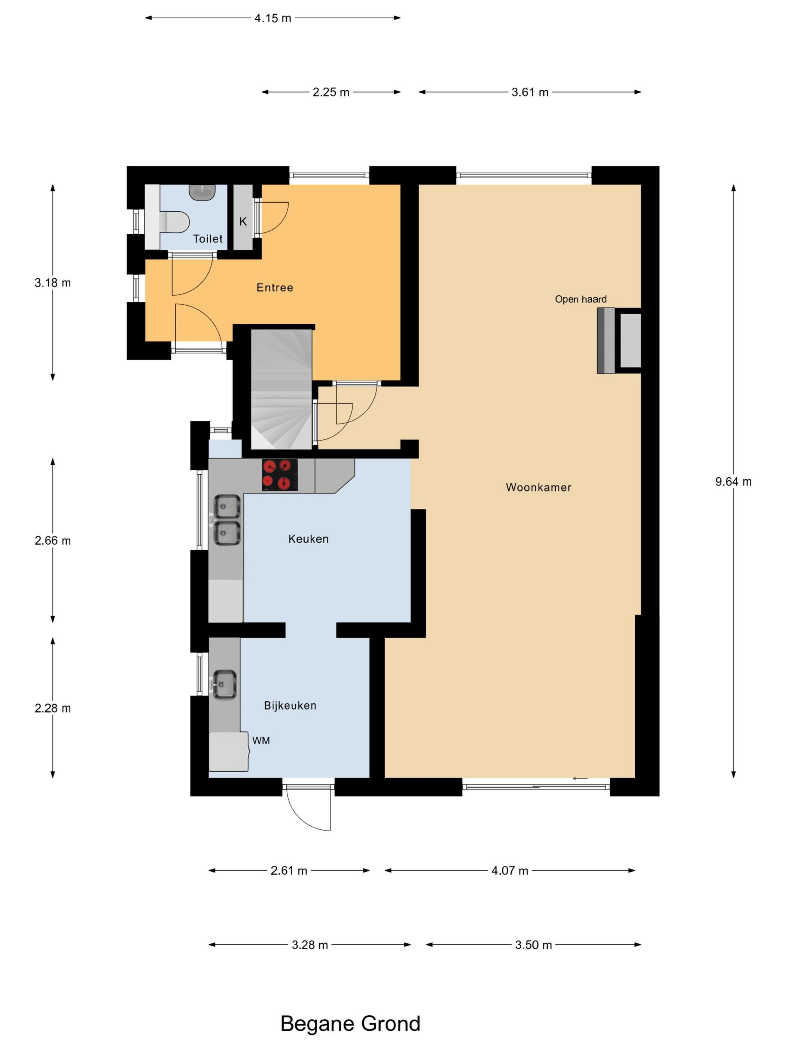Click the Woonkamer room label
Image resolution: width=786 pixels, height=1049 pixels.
538,487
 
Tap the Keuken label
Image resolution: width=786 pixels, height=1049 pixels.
308,539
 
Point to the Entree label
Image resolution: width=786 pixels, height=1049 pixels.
275,287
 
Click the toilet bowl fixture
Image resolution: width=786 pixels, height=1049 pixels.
174,221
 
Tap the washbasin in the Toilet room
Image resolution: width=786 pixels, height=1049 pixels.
203,191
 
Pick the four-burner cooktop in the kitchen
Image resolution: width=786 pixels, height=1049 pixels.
280,475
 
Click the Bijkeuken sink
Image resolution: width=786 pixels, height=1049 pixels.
225,685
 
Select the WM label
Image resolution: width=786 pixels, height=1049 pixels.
261,740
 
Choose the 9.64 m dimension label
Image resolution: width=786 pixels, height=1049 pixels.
733,482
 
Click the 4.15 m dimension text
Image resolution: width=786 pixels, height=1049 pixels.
273,18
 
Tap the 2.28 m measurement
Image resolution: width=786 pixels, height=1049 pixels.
53,708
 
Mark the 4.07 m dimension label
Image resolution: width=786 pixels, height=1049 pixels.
510,871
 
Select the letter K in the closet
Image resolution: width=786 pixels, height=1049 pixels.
243,221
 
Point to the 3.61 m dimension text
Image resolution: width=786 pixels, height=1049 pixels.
530,92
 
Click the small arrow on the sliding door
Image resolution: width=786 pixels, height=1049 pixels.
581,778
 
